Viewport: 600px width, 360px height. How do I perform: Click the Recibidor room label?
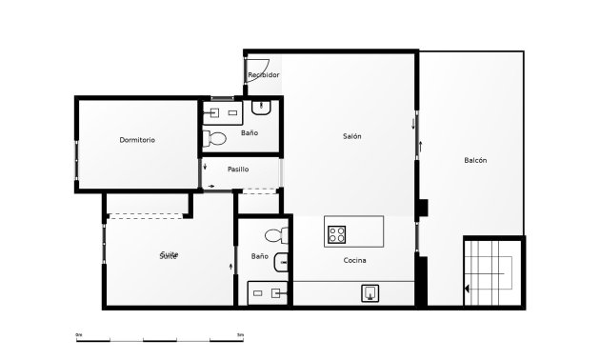[264, 74]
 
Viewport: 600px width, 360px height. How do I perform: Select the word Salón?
[352, 136]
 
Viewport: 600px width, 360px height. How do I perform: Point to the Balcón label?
[476, 160]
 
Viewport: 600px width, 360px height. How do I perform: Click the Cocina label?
[355, 260]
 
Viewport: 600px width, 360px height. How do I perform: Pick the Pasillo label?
[238, 170]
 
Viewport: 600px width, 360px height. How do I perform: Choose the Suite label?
[169, 255]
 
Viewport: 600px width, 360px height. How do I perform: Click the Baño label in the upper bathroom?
[249, 133]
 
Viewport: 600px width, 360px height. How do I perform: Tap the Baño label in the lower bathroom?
[259, 256]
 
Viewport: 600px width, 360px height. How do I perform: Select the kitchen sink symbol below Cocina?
[370, 293]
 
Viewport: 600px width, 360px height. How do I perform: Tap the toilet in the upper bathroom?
[217, 139]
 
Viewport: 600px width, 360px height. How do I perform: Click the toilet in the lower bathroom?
[274, 235]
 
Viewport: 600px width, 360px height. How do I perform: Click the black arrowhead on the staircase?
[468, 287]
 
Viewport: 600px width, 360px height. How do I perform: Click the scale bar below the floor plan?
[160, 339]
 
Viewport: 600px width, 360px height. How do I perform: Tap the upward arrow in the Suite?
[231, 267]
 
